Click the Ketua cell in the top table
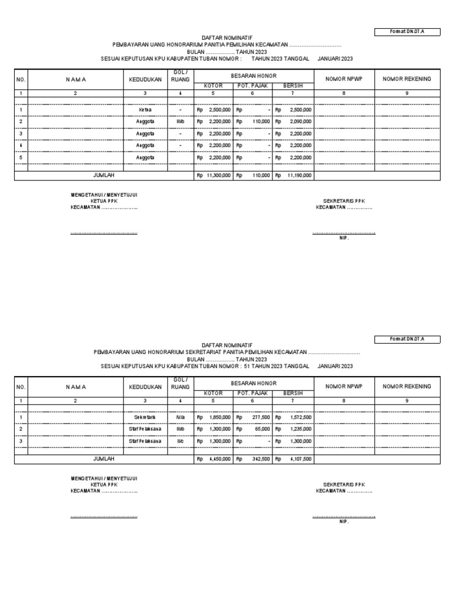145,110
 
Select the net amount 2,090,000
300,122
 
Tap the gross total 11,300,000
218,175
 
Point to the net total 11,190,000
299,175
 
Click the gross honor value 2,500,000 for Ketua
220,110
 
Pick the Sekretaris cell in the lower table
145,418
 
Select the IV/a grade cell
180,418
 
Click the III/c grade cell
180,441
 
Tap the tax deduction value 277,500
261,418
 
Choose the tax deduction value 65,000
262,429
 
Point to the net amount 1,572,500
300,418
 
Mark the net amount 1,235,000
300,429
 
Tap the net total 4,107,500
300,459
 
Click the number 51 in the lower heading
247,366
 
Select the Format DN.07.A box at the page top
407,32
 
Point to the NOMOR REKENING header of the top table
407,79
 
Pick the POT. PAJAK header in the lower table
253,394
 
